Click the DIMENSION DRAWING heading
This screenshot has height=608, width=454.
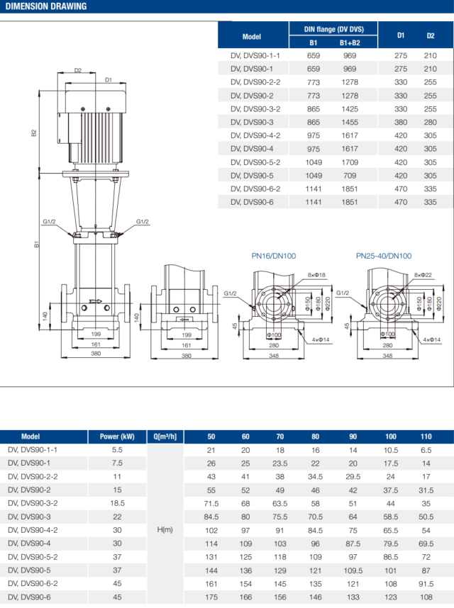pyautogui.click(x=46, y=7)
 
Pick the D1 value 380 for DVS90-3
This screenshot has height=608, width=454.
pyautogui.click(x=401, y=123)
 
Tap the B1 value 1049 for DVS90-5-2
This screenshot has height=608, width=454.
pyautogui.click(x=314, y=162)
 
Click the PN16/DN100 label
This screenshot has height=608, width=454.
pyautogui.click(x=272, y=256)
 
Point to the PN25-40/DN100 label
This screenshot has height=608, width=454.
pyautogui.click(x=384, y=256)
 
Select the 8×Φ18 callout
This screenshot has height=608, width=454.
pyautogui.click(x=316, y=274)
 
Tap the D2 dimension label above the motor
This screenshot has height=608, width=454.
pyautogui.click(x=78, y=70)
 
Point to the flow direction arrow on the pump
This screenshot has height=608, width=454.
pyautogui.click(x=106, y=302)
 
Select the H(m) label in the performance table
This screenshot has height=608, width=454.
pyautogui.click(x=165, y=529)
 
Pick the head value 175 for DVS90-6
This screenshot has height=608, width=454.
pyautogui.click(x=211, y=597)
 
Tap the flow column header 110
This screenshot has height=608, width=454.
pyautogui.click(x=426, y=437)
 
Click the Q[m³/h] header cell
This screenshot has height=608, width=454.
pyautogui.click(x=165, y=437)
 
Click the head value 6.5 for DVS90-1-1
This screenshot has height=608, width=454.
pyautogui.click(x=426, y=449)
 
